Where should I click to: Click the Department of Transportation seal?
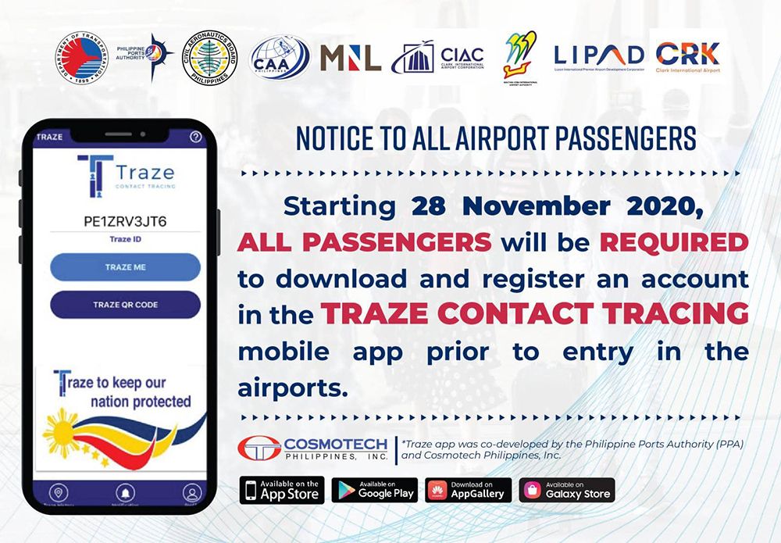click(x=80, y=58)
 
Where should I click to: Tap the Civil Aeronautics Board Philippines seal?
click(x=209, y=57)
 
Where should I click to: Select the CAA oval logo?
click(x=279, y=56)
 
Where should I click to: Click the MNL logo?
click(x=351, y=57)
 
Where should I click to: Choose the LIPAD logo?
click(x=599, y=55)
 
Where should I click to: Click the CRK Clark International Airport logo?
click(x=687, y=55)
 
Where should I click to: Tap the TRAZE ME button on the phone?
click(x=125, y=267)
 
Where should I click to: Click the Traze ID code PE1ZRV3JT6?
click(x=125, y=221)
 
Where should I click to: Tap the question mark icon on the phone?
click(x=196, y=137)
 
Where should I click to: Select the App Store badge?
click(x=281, y=491)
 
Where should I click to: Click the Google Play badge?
click(x=375, y=491)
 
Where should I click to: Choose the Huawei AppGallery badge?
click(x=469, y=491)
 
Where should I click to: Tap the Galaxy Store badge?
click(x=567, y=491)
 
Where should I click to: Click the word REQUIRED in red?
click(x=674, y=242)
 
